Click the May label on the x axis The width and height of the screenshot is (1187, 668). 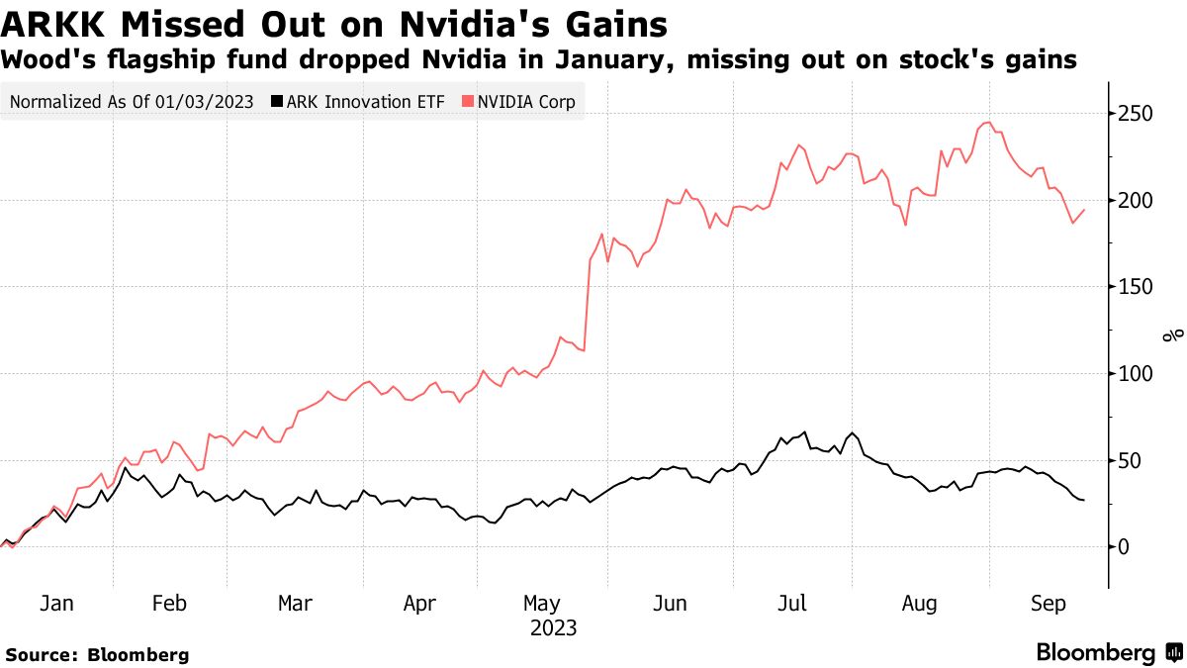click(542, 604)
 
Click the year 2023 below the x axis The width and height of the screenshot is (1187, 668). click(554, 627)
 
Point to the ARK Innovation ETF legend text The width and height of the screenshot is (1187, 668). click(370, 101)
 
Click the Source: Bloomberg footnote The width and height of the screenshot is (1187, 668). click(97, 654)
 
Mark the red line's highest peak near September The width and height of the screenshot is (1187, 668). click(986, 123)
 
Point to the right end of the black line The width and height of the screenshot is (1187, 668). click(1084, 500)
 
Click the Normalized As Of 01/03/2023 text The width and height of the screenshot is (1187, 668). click(131, 101)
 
